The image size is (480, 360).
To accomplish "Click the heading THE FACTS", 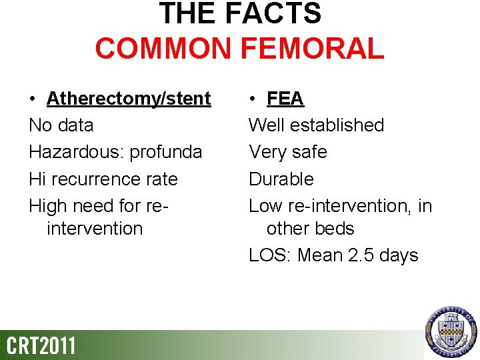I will coord(240,13).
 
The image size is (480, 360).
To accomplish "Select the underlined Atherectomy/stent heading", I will coord(129,99).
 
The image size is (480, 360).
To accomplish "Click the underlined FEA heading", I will coord(285,99).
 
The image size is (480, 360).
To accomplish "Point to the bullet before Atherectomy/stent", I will coord(33,99).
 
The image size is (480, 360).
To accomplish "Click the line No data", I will coord(61,125).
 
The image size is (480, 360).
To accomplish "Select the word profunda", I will coord(166,152).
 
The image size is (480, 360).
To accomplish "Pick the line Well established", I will coord(316,125).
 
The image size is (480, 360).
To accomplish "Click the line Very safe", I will coord(287,152).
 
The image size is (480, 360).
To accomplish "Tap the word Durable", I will coord(281,179).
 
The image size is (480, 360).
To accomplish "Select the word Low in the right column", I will coord(264,206).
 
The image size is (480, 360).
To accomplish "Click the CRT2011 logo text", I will coord(41,345).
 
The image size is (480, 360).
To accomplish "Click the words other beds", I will coord(310,229).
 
